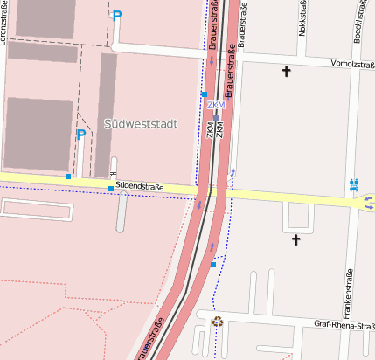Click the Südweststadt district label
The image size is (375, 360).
coord(140,124)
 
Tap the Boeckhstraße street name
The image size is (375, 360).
coord(359,21)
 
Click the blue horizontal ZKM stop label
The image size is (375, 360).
coord(216,106)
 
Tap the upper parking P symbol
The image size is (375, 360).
coord(117,16)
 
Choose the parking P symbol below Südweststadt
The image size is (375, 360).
coord(81,135)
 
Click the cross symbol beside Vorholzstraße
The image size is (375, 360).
coord(286,72)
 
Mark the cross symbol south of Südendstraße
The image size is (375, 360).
coord(295,239)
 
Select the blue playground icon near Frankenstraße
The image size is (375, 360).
coord(354,184)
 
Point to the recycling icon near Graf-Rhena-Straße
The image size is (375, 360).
coord(218,322)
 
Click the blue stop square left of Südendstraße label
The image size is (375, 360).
coord(110,188)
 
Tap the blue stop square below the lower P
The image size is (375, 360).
coord(68,177)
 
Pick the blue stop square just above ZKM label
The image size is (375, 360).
coord(205,94)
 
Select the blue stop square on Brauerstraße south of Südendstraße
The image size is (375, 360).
coord(212,264)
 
